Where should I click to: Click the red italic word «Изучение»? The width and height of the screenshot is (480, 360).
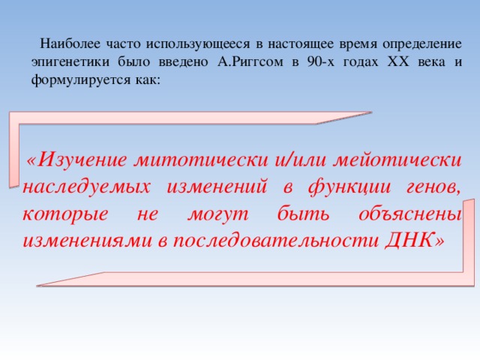(82, 160)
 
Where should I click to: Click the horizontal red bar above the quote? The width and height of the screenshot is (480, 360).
(187, 118)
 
